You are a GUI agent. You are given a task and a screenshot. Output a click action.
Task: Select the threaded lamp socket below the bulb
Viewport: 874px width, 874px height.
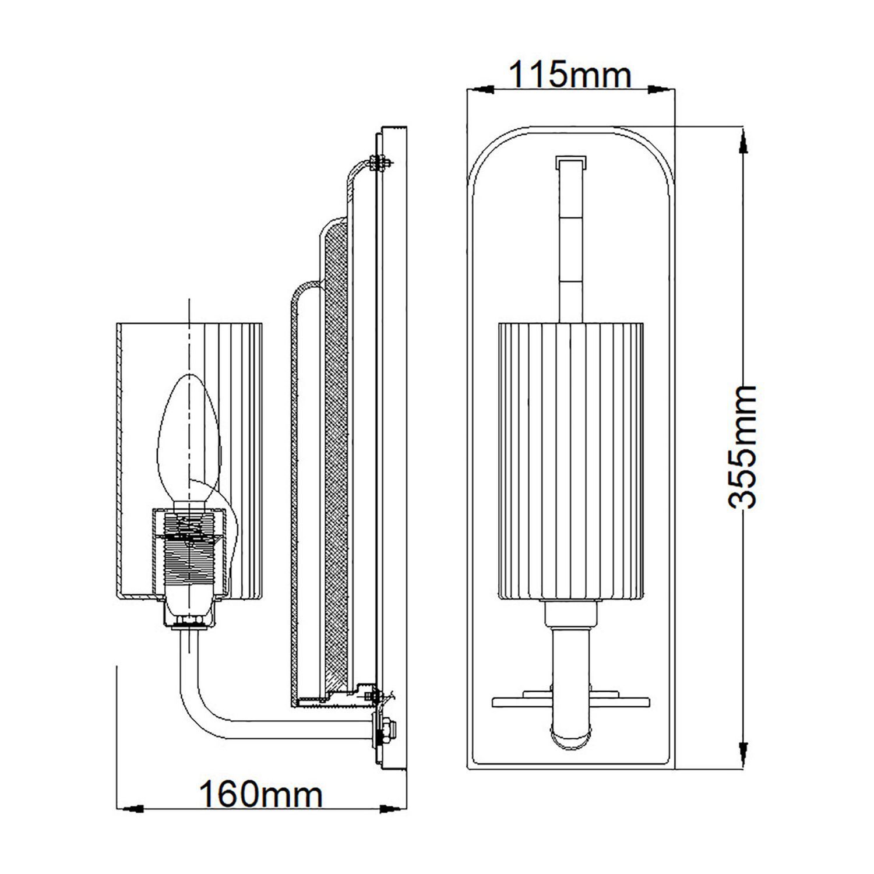point(188,554)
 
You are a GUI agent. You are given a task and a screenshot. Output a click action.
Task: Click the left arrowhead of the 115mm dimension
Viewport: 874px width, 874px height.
point(481,89)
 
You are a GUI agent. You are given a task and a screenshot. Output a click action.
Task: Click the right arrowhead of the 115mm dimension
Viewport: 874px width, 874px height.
point(660,89)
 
